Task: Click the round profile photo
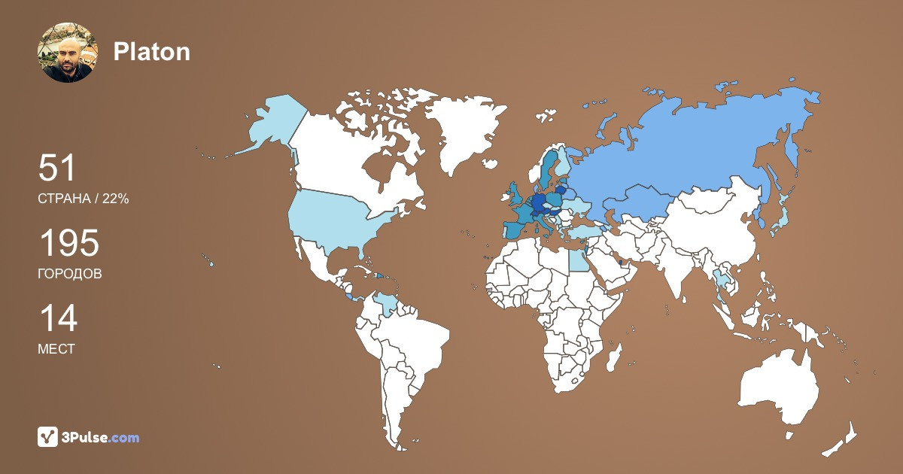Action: click(x=68, y=53)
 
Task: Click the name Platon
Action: click(x=151, y=51)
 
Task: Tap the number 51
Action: click(x=57, y=168)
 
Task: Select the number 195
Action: click(x=68, y=244)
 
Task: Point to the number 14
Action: click(x=57, y=318)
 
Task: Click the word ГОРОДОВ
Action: click(x=69, y=274)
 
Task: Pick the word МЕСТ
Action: click(x=56, y=349)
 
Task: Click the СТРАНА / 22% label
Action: click(x=83, y=199)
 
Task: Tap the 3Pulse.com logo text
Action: click(x=101, y=437)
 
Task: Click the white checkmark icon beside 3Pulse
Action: click(x=48, y=437)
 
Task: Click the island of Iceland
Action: click(x=491, y=164)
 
